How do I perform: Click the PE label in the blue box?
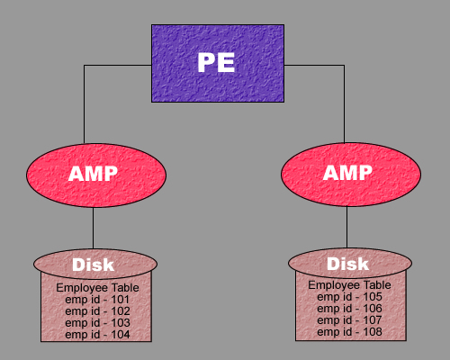point(216,62)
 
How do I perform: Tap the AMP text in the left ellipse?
point(93,174)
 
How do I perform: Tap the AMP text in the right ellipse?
point(347,173)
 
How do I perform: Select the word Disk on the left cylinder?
point(93,265)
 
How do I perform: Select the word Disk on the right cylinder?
point(347,264)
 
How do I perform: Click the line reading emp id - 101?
point(97,300)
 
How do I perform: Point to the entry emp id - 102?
point(97,311)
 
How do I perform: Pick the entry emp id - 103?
point(97,323)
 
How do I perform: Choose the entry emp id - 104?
point(97,335)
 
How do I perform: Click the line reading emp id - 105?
point(349,297)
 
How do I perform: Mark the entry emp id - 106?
point(349,309)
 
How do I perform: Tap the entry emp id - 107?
point(349,320)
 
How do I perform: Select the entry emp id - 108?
point(349,332)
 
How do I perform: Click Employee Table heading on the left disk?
point(97,288)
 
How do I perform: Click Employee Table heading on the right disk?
point(349,285)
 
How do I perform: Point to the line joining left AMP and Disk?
point(93,228)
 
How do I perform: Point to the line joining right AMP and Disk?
point(347,227)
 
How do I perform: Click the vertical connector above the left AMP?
point(84,104)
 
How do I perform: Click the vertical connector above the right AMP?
point(344,103)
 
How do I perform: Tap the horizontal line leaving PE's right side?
point(314,65)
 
